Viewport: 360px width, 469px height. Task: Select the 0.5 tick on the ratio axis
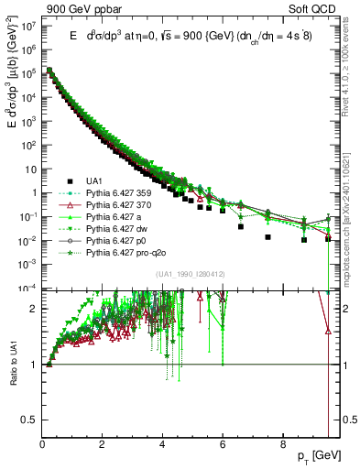tap(29, 419)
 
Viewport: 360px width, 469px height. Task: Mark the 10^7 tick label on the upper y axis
tap(29, 27)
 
